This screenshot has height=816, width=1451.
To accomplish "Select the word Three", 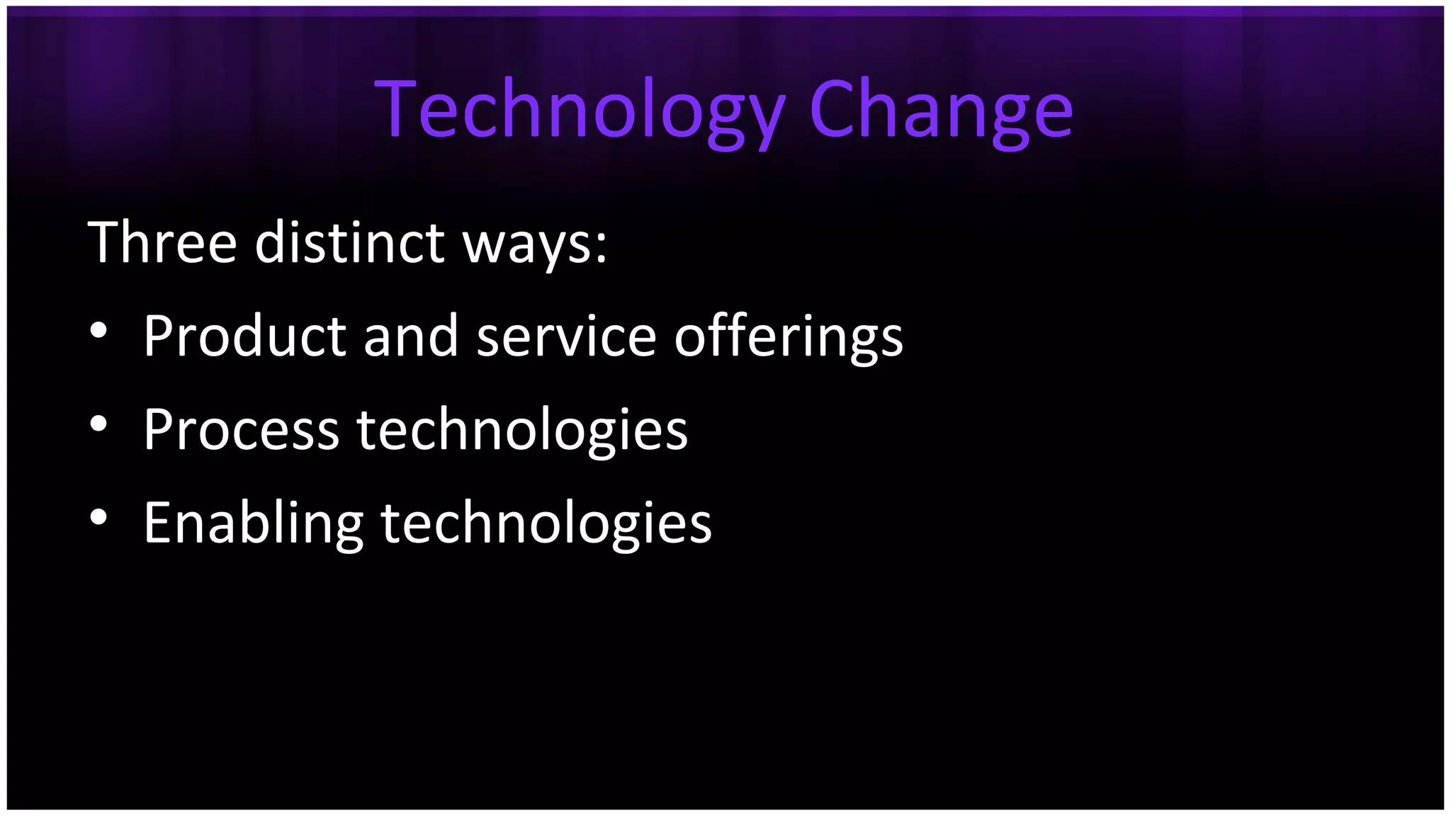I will [162, 242].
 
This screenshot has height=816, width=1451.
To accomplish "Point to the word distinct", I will [349, 242].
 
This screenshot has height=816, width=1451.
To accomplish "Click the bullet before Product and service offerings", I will [98, 330].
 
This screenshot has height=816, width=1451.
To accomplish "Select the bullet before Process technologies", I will [98, 424].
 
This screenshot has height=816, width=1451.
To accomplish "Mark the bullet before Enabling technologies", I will [98, 517].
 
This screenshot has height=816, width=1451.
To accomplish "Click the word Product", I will [244, 335].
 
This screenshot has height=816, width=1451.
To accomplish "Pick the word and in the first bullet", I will [410, 335].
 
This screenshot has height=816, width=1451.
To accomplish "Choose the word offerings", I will [788, 336].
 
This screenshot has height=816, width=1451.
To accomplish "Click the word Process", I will [241, 429].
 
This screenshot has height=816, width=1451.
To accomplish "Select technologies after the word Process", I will [522, 429].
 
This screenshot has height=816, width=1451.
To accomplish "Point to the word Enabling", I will [253, 523].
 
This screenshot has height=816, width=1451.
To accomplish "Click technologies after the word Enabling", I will [546, 523].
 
